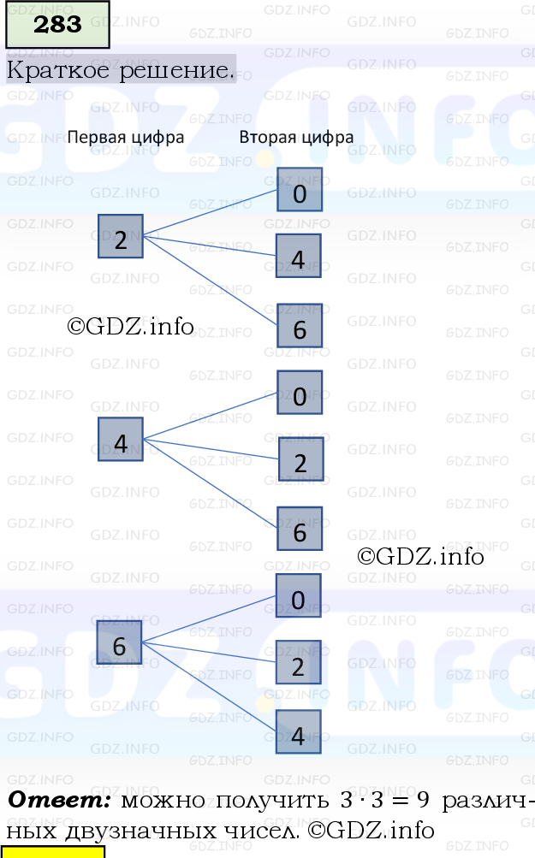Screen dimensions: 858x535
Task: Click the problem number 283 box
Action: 58,25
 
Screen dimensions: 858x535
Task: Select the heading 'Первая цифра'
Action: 126,137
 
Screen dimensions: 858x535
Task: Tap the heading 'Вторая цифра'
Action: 296,137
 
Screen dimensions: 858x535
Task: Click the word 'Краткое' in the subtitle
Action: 59,69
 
